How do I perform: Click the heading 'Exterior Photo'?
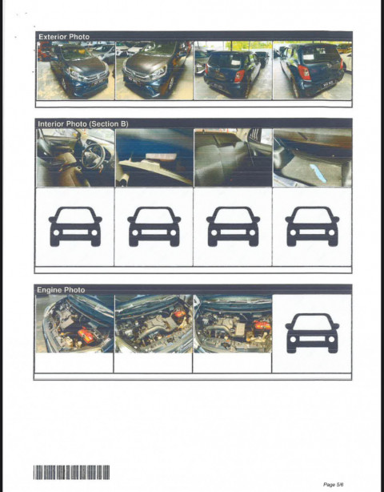point(63,37)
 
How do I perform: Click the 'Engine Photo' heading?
point(61,289)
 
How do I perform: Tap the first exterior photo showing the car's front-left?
point(75,71)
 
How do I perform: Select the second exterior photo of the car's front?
point(154,71)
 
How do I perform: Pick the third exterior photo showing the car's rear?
point(232,71)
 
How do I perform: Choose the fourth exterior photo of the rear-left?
point(311,71)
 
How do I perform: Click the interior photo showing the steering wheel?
point(75,158)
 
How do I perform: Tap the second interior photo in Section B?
point(154,158)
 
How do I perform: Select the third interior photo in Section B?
point(232,158)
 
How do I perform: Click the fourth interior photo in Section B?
point(311,158)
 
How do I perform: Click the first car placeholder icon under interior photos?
point(75,226)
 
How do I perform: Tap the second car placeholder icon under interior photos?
point(154,226)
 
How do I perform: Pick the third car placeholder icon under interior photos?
point(232,226)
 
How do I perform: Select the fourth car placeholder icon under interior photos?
point(311,226)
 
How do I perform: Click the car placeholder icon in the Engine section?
point(311,333)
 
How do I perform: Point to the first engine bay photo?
point(75,324)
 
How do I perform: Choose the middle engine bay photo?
point(154,324)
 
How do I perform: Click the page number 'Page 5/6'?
point(334,484)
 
